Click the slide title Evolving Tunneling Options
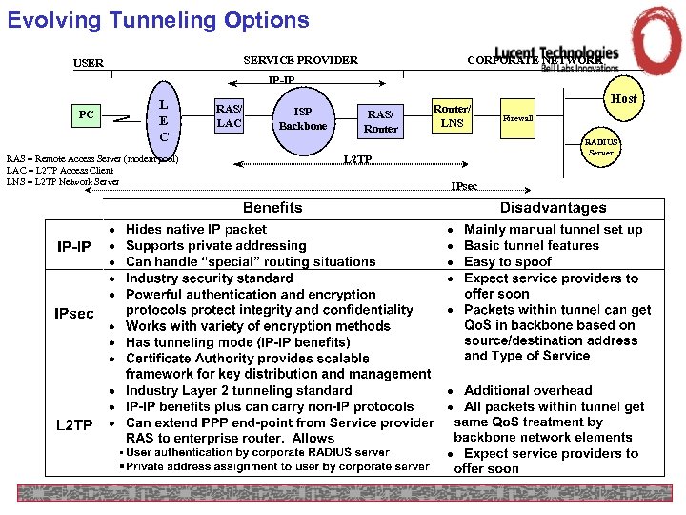158,20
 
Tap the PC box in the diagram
87,115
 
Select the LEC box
164,121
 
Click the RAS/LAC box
229,115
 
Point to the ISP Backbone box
303,118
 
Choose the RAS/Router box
381,121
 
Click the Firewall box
517,118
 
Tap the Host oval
624,98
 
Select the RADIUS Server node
601,147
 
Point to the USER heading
89,64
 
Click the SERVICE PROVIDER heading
300,60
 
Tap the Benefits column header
272,208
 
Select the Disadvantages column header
553,208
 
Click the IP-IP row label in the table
74,247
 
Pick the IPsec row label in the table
74,313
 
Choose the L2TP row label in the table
74,424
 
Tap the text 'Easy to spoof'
508,261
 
